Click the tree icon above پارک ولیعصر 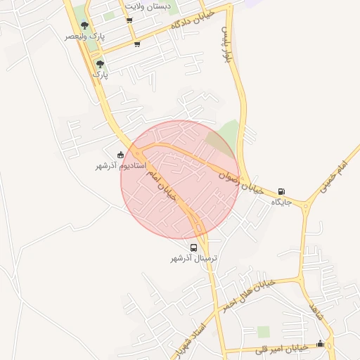point(85,25)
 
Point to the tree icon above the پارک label point(100,63)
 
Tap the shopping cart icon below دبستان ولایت point(129,20)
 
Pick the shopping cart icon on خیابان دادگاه point(136,44)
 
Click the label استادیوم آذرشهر point(120,166)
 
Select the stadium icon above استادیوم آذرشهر point(120,155)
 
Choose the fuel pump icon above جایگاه point(281,191)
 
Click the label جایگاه point(281,202)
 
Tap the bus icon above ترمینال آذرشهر point(193,247)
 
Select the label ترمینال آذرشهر point(193,259)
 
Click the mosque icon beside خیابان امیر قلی point(321,343)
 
